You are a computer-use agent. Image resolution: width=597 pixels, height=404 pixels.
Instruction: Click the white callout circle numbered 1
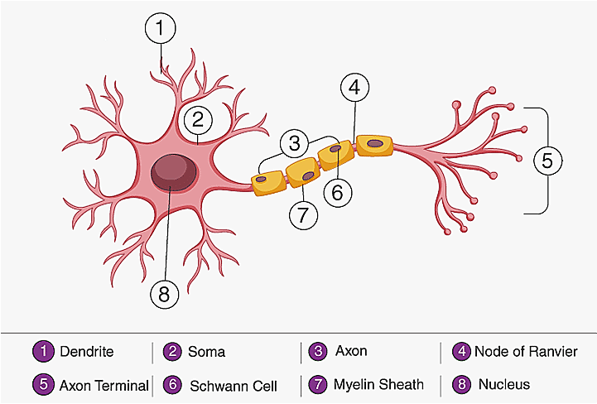point(160,29)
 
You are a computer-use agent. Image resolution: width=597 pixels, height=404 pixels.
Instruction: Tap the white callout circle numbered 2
point(197,119)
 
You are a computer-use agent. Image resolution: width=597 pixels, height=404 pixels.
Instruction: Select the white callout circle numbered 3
point(294,142)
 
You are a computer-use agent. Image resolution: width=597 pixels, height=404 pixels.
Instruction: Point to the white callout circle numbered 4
point(354,86)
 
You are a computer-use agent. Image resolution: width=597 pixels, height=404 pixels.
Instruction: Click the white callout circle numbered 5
point(546,161)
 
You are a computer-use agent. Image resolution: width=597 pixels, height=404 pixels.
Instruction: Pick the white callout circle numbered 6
point(336,191)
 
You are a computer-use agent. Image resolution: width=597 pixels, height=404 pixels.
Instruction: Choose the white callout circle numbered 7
point(304,215)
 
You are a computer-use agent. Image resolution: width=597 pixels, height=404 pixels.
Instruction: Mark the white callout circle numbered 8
point(166,292)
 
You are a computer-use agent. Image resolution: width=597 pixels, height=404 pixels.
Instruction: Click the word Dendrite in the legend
point(87,352)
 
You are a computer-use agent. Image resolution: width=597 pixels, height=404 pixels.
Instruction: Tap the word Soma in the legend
point(207,352)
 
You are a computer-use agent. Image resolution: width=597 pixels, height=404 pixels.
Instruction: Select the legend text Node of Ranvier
point(526,352)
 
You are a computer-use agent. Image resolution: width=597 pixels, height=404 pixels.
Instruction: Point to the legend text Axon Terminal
point(104,385)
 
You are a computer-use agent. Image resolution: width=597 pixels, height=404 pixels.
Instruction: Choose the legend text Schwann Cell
point(234,385)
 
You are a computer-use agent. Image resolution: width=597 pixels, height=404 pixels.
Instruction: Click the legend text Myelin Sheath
point(378,384)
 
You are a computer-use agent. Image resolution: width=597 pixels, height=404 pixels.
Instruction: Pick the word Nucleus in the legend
point(504,384)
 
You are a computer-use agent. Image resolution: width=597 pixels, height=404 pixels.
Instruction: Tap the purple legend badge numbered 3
point(317,351)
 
